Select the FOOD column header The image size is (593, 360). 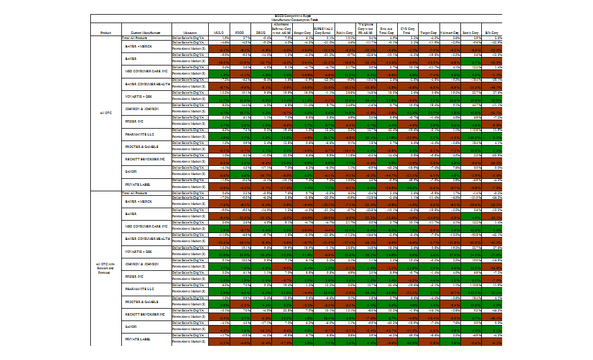pos(239,33)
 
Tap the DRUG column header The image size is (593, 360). pos(261,33)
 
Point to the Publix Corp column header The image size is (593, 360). pos(345,33)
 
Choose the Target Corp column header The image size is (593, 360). pos(430,33)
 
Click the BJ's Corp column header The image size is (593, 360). pos(493,33)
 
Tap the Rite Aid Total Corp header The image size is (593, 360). pos(386,32)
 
